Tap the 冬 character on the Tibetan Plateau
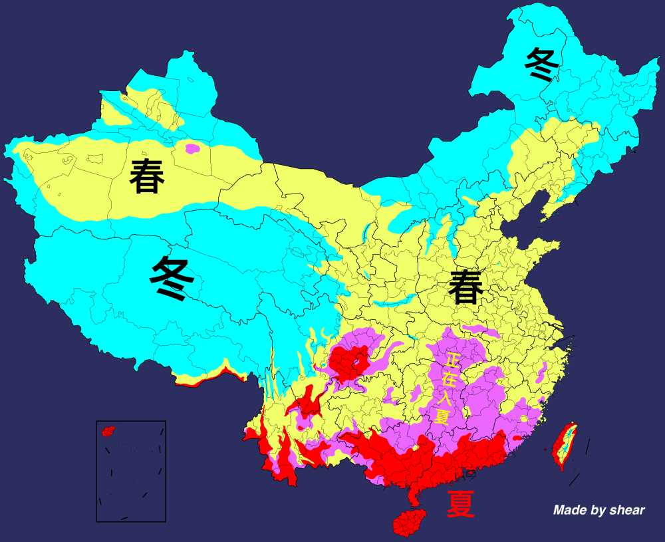(x=172, y=279)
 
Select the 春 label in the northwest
(x=147, y=176)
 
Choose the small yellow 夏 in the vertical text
(x=441, y=417)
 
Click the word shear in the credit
(x=625, y=510)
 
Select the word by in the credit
(x=597, y=511)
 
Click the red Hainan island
(x=408, y=522)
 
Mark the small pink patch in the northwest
(x=192, y=148)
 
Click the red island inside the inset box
(x=108, y=432)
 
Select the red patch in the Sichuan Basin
(x=351, y=362)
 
